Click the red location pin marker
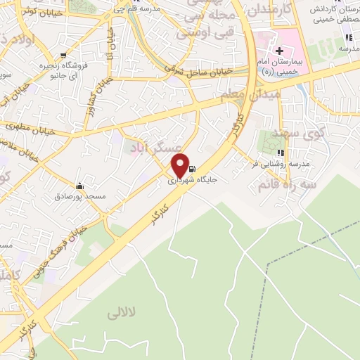181,165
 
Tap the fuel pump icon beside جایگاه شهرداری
193,169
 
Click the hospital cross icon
280,50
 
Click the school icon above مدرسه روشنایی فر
281,153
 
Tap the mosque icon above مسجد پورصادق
79,186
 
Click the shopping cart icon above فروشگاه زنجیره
64,56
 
